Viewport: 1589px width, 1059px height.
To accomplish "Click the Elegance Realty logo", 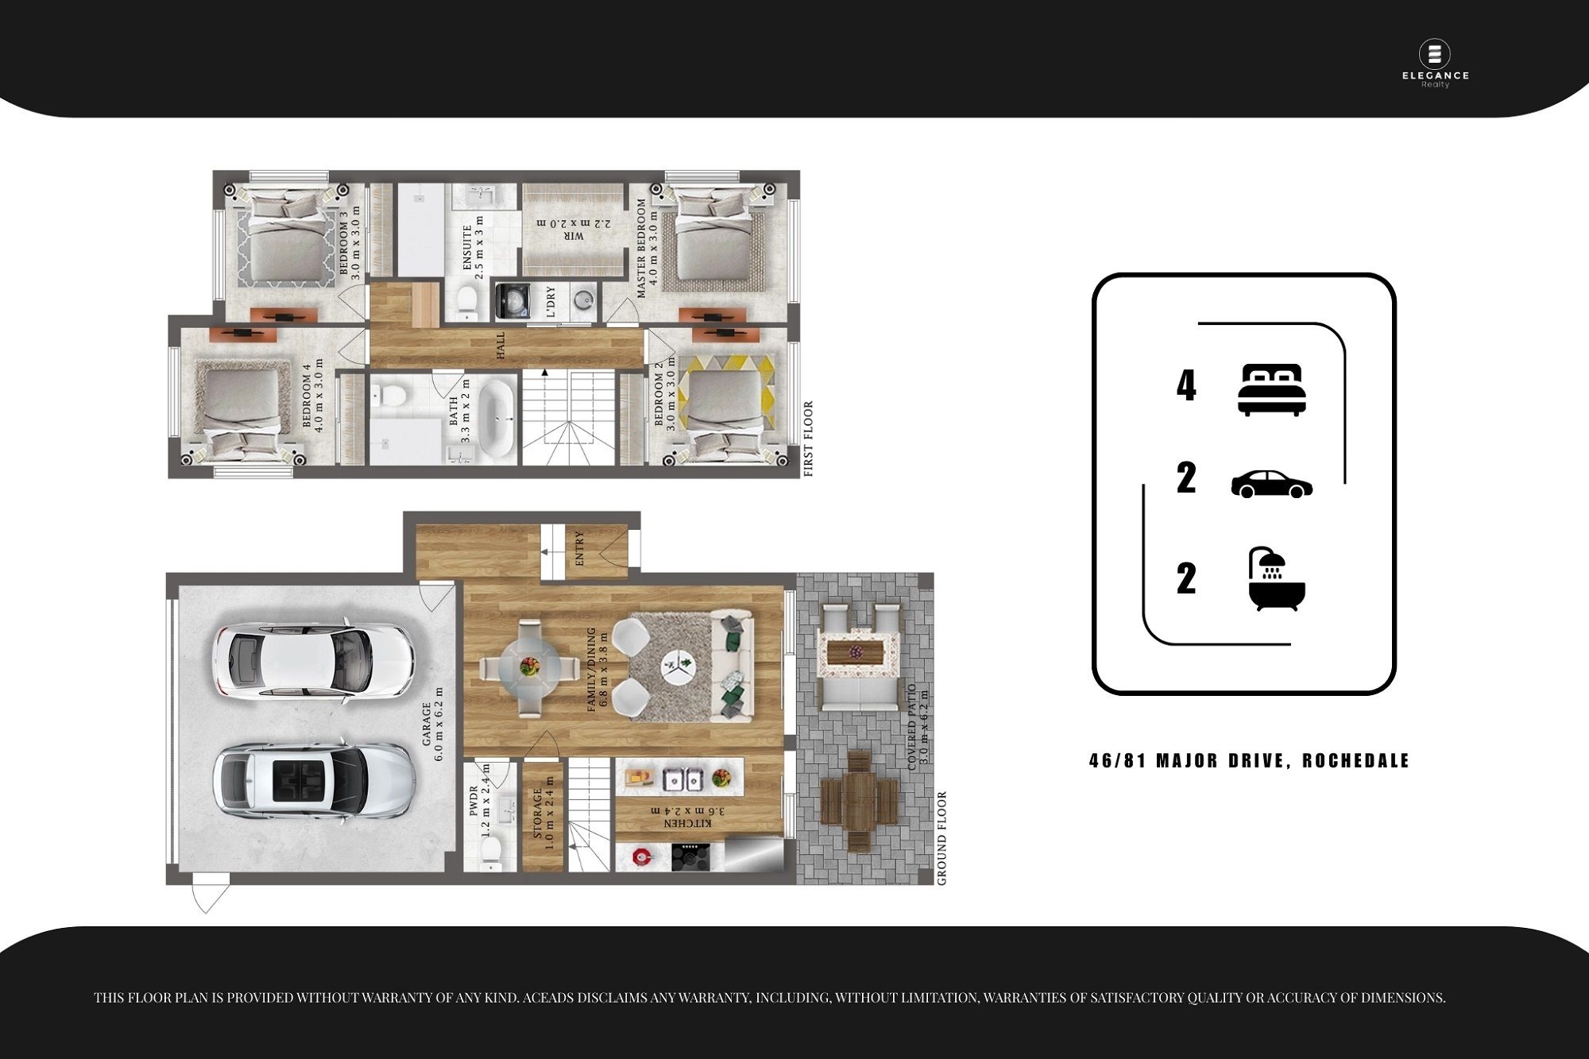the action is pos(1435,64).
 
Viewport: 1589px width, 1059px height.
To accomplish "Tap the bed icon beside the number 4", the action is pos(1271,389).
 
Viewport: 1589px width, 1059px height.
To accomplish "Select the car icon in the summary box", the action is pos(1271,484).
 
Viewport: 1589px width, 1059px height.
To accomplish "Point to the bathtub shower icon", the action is pos(1277,578).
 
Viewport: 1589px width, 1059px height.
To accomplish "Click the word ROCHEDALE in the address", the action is pos(1355,760).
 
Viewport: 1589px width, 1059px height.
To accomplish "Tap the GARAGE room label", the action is pos(427,724).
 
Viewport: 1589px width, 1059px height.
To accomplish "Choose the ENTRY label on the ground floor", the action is pos(579,548).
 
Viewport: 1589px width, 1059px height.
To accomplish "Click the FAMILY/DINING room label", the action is pos(591,670).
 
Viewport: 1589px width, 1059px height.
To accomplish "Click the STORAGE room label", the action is pos(537,814).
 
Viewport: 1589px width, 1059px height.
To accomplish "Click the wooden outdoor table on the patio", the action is pos(860,801).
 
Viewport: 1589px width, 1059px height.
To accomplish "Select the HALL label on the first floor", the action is pos(501,346).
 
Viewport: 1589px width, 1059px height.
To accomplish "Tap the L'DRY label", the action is pos(551,303).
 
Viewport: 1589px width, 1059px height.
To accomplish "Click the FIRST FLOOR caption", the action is pos(809,439).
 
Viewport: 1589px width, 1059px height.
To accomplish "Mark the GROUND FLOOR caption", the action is pos(941,838).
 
